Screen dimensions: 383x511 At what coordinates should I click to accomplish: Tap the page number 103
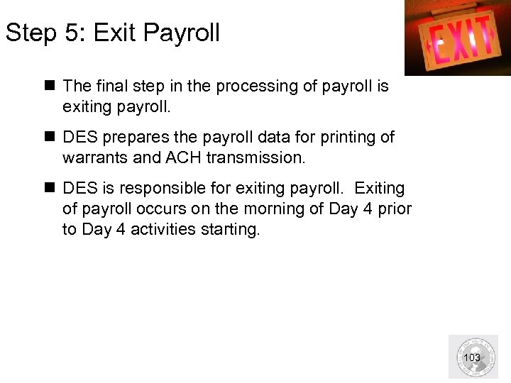click(472, 357)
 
